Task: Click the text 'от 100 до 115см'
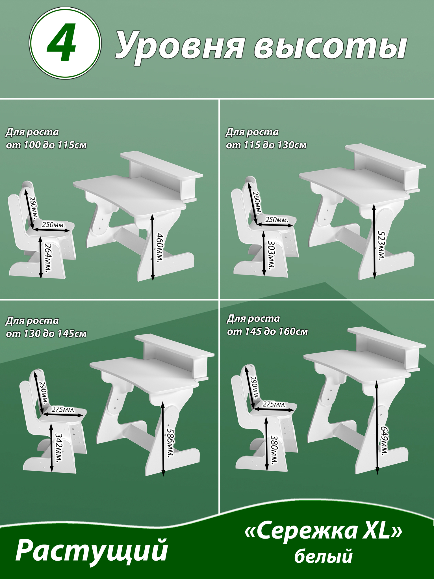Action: click(46, 145)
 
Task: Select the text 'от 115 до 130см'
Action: click(266, 145)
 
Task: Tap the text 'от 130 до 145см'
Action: click(46, 334)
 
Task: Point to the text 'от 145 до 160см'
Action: click(267, 332)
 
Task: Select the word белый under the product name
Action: click(324, 556)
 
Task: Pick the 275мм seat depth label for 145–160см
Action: click(274, 404)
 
